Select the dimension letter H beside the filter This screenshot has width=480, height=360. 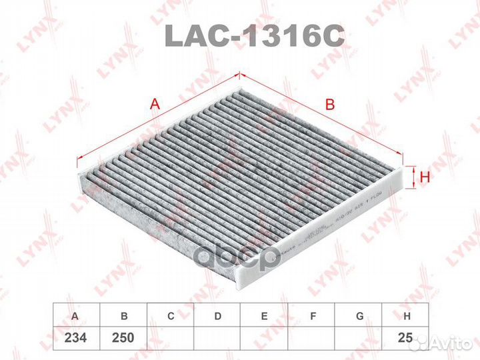(423, 177)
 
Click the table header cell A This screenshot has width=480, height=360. (77, 315)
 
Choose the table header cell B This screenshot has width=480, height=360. (123, 315)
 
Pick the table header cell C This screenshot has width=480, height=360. (170, 315)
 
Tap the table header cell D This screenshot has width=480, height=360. (217, 315)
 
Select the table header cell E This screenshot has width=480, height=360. (264, 315)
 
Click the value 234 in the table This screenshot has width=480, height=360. (77, 338)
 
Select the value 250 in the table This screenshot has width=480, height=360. (123, 338)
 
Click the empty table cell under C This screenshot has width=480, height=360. (170, 338)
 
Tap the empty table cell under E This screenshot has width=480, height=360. (264, 338)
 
